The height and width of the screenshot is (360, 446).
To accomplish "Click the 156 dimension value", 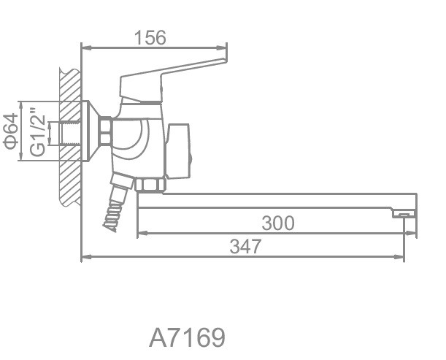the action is [x=150, y=37].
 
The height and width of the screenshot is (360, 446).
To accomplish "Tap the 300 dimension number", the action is [x=278, y=223].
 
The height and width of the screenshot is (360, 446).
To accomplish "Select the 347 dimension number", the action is [x=245, y=247].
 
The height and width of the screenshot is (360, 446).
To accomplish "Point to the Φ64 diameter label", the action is [x=11, y=131].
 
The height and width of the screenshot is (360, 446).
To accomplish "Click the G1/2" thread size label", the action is [x=38, y=131].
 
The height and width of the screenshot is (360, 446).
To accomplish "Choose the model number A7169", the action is [x=187, y=337].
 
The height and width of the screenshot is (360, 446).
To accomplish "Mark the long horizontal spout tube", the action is [x=276, y=201].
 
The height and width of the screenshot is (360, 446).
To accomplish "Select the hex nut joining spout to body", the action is [x=150, y=185].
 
